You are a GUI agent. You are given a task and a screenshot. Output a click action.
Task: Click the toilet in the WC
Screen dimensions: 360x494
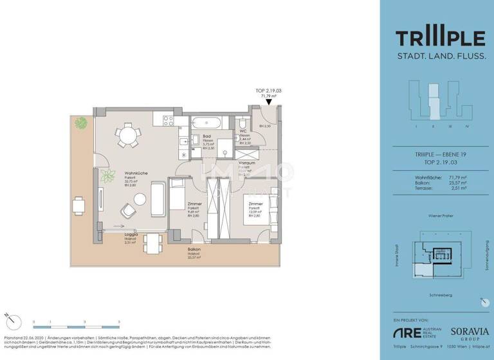click(x=242, y=123)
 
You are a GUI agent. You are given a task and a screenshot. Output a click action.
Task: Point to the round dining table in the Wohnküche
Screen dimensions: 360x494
click(x=126, y=135)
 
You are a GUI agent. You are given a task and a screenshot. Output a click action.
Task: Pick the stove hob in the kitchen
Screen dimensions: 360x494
click(x=168, y=120)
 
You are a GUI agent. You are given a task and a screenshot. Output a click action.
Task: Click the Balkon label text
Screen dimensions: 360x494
click(x=194, y=249)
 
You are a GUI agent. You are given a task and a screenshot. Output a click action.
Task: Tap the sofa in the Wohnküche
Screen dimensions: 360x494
click(x=158, y=200)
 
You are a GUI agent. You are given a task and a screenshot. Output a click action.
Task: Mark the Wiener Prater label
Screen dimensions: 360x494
click(x=441, y=217)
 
